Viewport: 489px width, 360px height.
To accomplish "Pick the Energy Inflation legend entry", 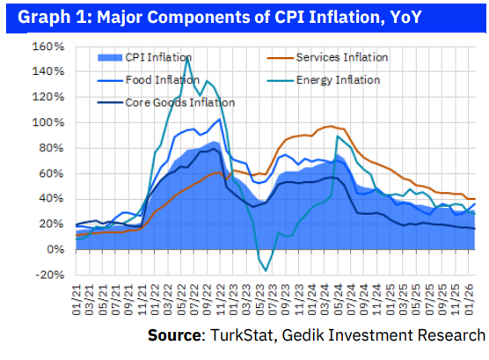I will (x=339, y=80).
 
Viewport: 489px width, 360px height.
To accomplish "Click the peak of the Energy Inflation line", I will (x=186, y=59).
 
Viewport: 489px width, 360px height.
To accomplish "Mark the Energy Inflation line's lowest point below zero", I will (x=266, y=270).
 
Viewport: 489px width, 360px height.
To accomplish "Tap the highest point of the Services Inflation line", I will (x=330, y=126).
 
